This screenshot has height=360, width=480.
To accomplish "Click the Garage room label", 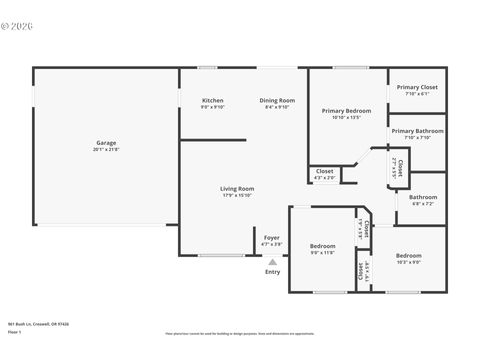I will (106, 142).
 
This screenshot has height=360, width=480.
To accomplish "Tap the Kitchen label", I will (213, 100).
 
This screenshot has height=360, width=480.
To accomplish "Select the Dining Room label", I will (277, 100).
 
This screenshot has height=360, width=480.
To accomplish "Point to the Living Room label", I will (237, 188).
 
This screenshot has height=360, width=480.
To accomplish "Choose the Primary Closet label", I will (416, 87).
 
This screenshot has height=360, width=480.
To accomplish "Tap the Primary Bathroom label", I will (417, 131).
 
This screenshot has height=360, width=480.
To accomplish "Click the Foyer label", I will (272, 237).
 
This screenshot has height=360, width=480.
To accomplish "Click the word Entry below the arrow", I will (273, 272).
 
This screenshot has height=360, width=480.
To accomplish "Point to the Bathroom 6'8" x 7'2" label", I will (423, 197).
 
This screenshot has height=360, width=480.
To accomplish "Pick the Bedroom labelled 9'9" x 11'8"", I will (322, 246).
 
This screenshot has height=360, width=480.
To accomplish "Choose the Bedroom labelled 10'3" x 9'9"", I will (408, 255).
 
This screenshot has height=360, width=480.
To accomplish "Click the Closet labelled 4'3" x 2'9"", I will (325, 171).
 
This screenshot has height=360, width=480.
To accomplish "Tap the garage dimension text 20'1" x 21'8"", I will (106, 149).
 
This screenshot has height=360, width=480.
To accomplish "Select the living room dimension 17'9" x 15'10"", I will (237, 195).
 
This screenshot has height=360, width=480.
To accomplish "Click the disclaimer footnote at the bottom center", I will (240, 334).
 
